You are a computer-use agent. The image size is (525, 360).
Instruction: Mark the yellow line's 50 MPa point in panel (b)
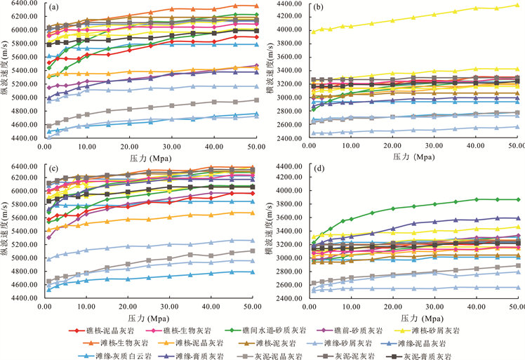[x=517, y=5]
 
